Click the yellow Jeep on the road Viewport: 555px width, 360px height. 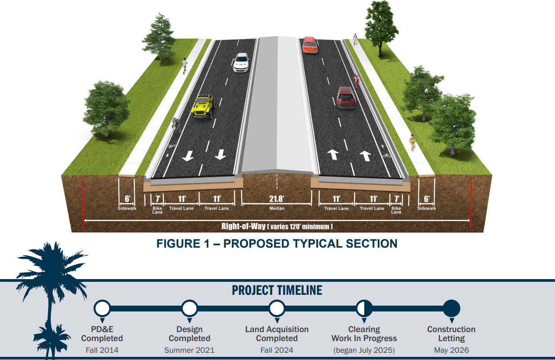click(x=203, y=106)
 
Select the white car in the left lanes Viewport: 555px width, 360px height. click(x=241, y=62)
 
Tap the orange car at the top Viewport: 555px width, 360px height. click(x=310, y=44)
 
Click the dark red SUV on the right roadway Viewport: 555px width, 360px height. click(x=346, y=97)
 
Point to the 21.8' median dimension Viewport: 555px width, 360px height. click(x=277, y=199)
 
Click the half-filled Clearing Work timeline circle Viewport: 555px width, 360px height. click(x=364, y=309)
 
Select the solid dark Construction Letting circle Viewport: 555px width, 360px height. click(x=451, y=309)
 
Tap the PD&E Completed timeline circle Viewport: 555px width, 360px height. click(x=102, y=309)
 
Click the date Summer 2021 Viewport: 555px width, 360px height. click(x=189, y=350)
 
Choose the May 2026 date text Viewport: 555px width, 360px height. click(x=451, y=350)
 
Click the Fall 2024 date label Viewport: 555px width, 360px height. click(x=277, y=350)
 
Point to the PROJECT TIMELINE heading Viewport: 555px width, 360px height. click(x=277, y=290)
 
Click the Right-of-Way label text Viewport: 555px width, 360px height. click(x=243, y=226)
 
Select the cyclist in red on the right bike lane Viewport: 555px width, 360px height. click(x=356, y=81)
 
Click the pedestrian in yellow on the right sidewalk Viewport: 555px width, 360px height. click(x=412, y=142)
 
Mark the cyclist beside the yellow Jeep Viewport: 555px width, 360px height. click(x=177, y=124)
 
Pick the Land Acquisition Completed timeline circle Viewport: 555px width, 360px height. click(x=277, y=309)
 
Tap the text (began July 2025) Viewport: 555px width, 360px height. click(x=364, y=350)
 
